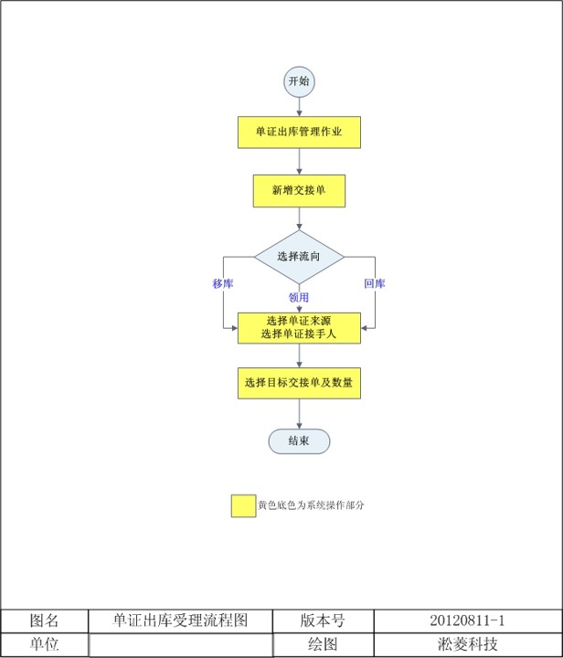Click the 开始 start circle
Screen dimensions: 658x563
(299, 81)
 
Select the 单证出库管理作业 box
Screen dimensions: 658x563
(299, 132)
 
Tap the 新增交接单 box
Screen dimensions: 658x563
(299, 190)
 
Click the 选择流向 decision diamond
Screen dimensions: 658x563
(299, 257)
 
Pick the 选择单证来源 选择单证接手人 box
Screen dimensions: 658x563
(299, 327)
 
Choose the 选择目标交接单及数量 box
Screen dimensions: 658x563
(299, 382)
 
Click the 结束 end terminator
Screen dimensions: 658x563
(299, 440)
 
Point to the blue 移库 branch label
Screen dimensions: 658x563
(223, 283)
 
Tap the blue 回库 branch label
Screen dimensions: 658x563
(375, 283)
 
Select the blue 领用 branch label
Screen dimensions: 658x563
(299, 297)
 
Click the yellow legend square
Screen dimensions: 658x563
(243, 505)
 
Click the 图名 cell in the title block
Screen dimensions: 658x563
(44, 621)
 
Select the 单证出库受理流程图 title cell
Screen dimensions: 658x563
(180, 621)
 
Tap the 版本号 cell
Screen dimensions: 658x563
(323, 621)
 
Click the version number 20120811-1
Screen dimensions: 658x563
(467, 621)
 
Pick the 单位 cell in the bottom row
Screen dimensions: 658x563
(44, 644)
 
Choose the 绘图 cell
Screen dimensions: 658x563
(323, 644)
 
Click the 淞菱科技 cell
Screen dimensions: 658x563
(467, 644)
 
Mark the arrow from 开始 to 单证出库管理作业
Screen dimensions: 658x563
(299, 105)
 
